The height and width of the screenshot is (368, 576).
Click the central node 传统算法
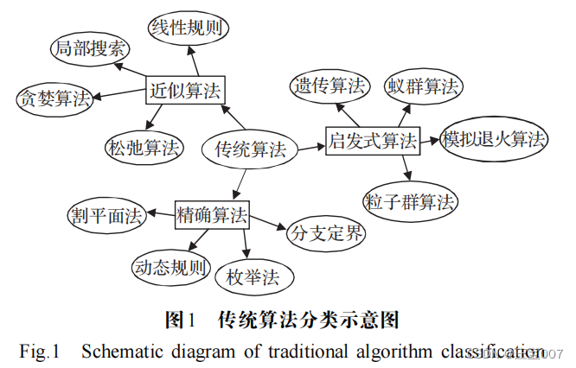tap(250, 149)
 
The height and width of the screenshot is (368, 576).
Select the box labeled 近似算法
tap(185, 89)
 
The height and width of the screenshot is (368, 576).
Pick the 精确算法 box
tap(211, 213)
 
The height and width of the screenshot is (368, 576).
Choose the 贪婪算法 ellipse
tap(54, 98)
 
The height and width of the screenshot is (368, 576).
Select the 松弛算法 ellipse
tap(144, 149)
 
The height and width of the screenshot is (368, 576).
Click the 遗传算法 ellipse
tap(330, 86)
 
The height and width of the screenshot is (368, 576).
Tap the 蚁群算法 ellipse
tap(424, 86)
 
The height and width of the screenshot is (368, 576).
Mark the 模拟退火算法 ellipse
tap(494, 140)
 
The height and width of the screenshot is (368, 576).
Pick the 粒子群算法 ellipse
tap(410, 201)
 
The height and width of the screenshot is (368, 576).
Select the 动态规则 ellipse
tap(170, 267)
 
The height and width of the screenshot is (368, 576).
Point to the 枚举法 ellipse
tap(255, 278)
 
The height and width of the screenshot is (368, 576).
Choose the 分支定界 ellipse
tap(328, 233)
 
